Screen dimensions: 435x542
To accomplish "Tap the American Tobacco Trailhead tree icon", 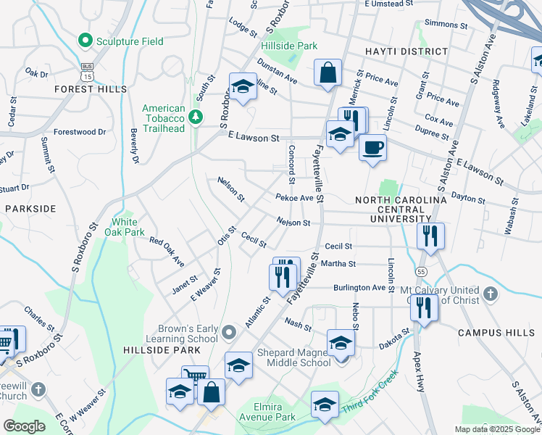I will click(x=194, y=117).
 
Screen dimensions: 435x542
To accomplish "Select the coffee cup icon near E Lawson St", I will click(x=372, y=147).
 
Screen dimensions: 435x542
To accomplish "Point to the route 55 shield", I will click(x=421, y=270).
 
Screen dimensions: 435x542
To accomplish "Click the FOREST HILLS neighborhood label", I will click(x=90, y=89).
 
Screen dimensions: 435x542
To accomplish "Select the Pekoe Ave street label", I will click(x=294, y=197).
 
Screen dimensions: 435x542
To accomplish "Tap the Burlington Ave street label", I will click(x=359, y=287).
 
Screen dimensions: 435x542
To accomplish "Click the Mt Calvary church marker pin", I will click(x=491, y=294).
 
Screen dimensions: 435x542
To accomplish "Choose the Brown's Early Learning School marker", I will click(x=230, y=333).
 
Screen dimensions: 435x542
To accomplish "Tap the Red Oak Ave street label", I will click(x=167, y=251).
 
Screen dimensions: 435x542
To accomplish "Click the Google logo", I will click(x=24, y=426).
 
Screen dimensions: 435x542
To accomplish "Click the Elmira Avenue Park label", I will click(x=275, y=412).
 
